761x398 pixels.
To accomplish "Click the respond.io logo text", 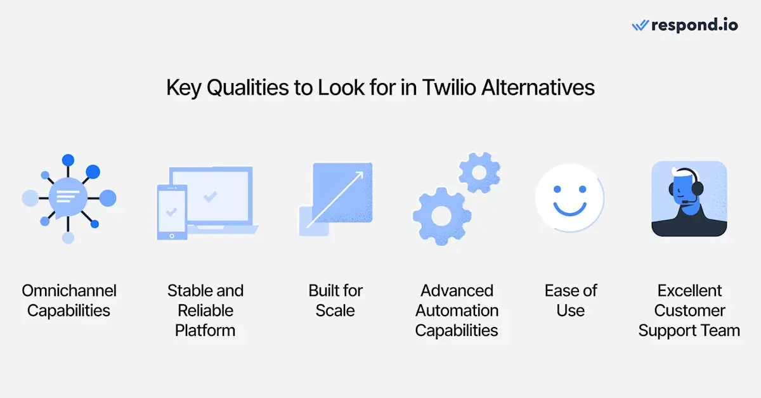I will (694, 25).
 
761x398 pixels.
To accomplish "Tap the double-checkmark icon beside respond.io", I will (640, 26).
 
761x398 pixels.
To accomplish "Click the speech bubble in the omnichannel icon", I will (68, 197).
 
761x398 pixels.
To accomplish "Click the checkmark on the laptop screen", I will (210, 197).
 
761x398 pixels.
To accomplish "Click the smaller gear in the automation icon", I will (479, 172).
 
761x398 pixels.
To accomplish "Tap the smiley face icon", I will (569, 198).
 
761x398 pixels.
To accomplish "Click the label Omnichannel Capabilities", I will (68, 300).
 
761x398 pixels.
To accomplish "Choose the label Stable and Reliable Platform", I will (205, 311).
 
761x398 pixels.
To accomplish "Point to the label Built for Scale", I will (335, 300).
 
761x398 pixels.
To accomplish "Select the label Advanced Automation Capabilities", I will (457, 311).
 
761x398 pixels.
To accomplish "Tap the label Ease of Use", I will (571, 300).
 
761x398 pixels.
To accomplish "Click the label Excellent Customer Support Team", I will (689, 311).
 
